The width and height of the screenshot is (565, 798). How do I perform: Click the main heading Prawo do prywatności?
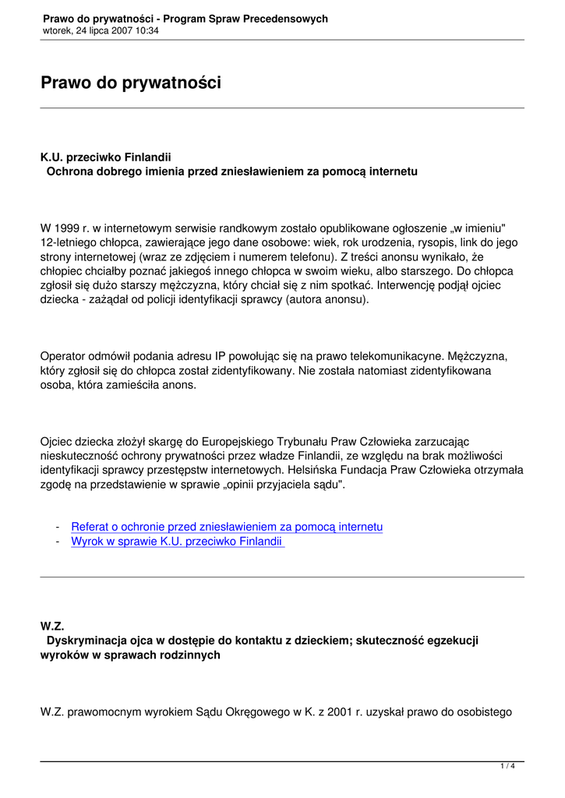(x=131, y=83)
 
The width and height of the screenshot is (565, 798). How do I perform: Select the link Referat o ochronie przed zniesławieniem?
(x=227, y=527)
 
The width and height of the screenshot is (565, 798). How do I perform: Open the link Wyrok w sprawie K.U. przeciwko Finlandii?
(x=177, y=541)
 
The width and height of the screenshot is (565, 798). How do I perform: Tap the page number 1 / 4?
(x=507, y=767)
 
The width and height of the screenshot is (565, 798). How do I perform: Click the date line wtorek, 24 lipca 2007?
(x=101, y=30)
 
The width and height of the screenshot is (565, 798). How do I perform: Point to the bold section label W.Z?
(x=52, y=626)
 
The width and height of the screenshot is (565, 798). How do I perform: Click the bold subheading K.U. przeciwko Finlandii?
(x=106, y=157)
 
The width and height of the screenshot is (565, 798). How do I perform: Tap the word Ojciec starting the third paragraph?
(x=58, y=441)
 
